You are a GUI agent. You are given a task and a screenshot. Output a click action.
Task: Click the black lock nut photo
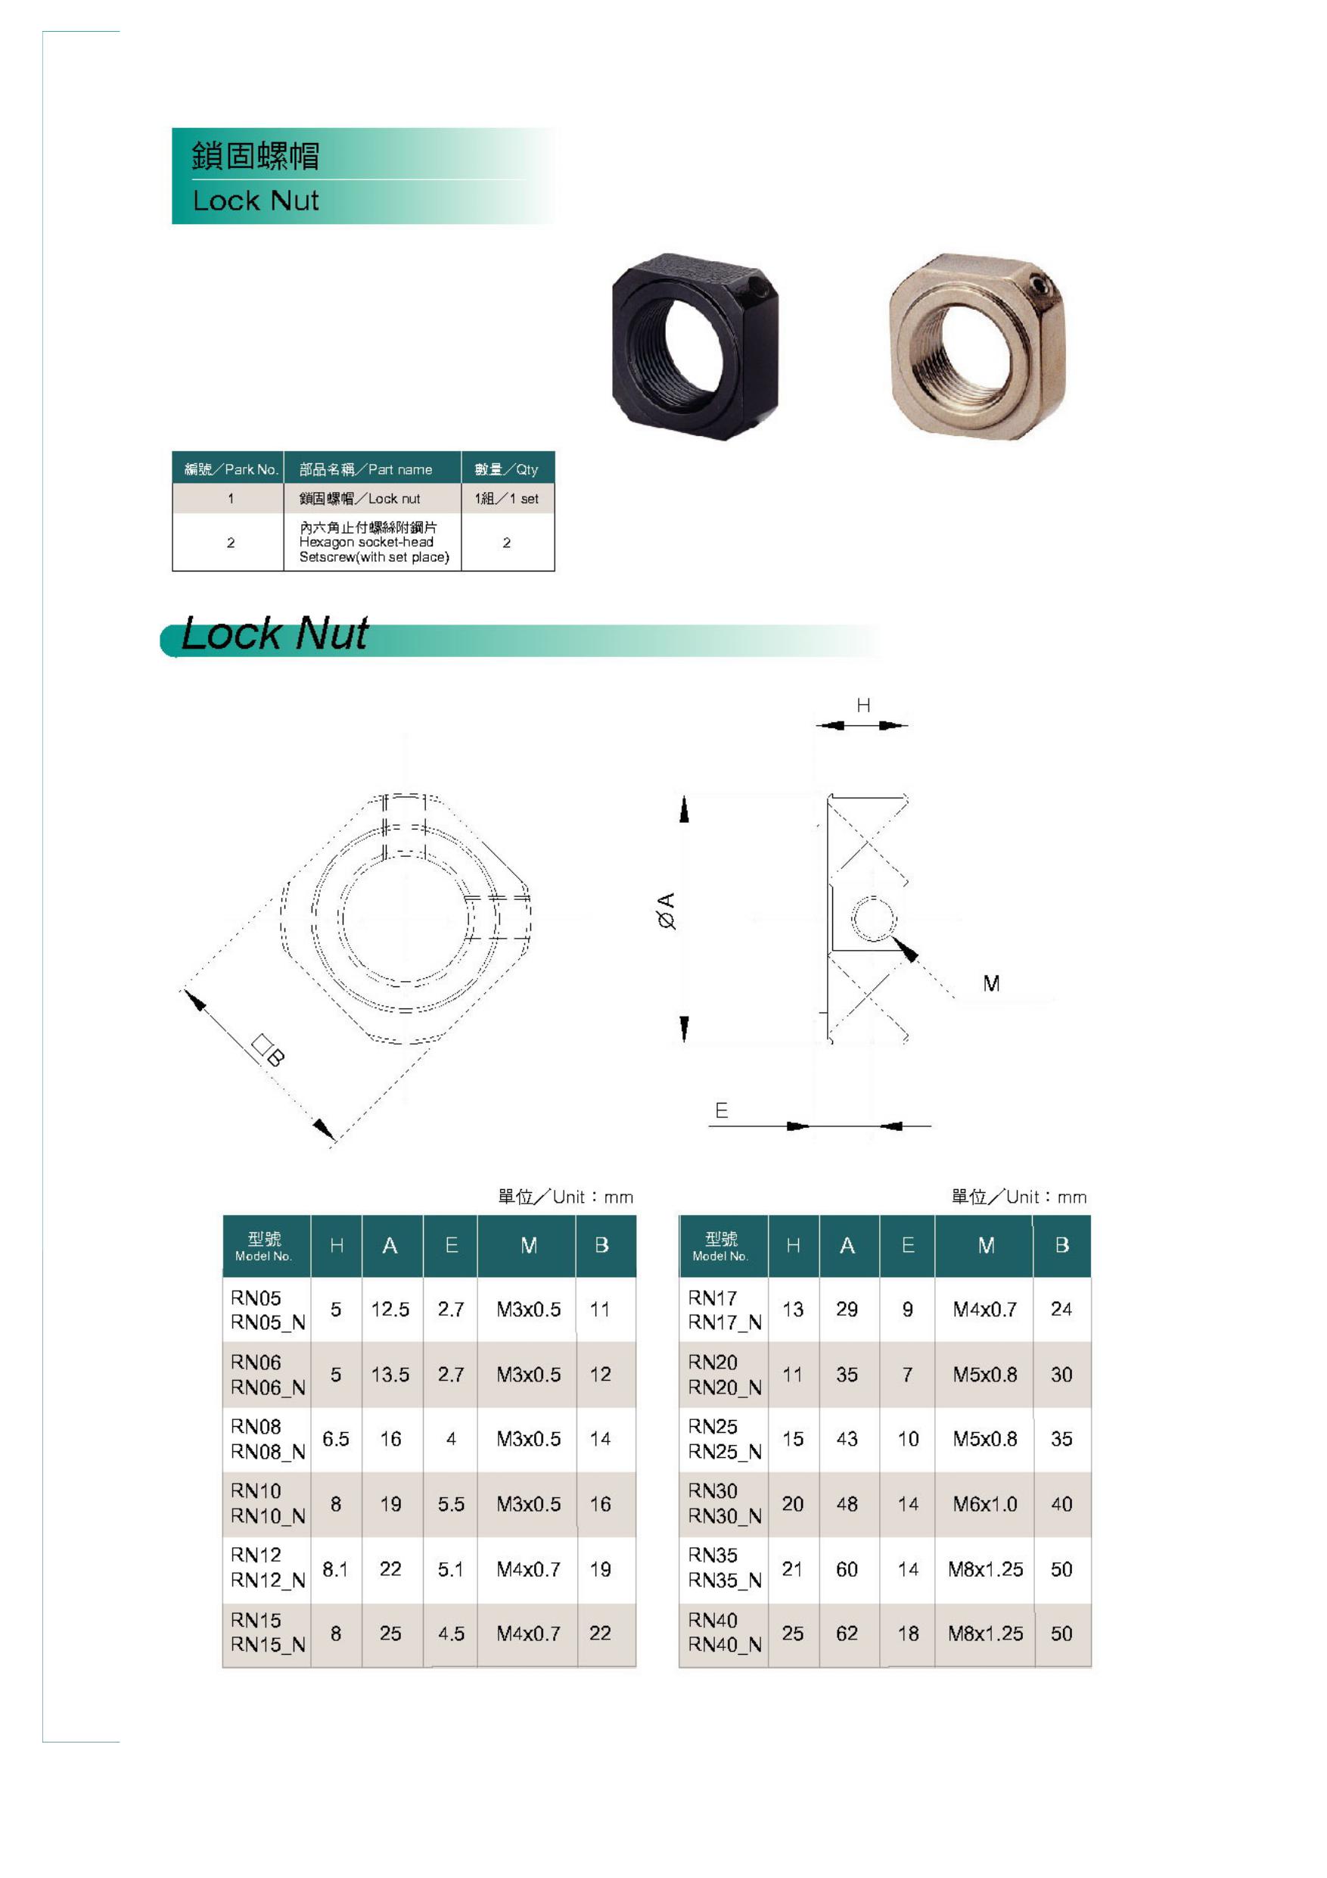coord(695,347)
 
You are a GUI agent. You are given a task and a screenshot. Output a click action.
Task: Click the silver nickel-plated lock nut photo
coord(977,347)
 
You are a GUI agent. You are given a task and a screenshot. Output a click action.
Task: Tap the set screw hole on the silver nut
coord(1040,287)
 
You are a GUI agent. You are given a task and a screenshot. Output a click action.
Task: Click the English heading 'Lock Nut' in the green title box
coord(255,201)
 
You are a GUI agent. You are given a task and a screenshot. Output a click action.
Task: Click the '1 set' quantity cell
coord(507,499)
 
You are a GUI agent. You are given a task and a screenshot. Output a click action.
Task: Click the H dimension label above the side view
coord(862,705)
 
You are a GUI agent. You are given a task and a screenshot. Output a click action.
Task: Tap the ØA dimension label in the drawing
coord(667,911)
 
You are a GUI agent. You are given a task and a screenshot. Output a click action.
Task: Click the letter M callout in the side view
coord(991,983)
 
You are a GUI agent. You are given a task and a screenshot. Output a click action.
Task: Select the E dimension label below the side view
coord(721,1110)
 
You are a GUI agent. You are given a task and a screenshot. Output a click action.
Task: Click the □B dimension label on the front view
coord(267,1049)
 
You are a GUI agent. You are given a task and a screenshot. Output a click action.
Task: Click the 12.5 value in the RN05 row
coord(390,1310)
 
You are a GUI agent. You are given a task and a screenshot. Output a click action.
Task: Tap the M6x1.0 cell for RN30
coord(984,1504)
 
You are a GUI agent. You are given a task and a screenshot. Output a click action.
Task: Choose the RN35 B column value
coord(1061,1569)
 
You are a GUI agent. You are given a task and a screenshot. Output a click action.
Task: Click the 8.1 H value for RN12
coord(335,1569)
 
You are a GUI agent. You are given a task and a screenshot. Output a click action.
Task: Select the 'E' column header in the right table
coord(908,1246)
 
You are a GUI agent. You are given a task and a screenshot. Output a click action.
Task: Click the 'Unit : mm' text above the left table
coord(566,1197)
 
